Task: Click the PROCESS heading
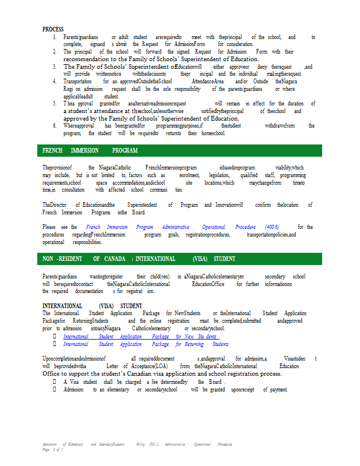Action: pos(53,29)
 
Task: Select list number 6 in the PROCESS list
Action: pos(54,126)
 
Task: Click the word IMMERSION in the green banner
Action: pos(84,150)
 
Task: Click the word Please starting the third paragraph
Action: pos(50,227)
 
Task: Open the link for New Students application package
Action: pos(140,337)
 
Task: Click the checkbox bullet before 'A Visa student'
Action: pos(54,382)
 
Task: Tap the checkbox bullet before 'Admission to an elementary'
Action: pos(54,389)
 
